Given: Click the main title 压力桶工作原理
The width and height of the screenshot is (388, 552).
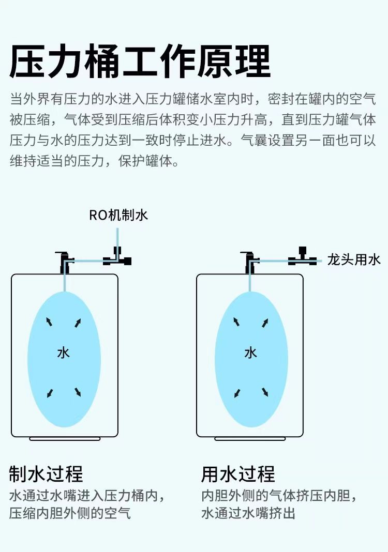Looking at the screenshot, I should (140, 62).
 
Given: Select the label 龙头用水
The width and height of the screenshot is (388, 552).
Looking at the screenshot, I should (354, 259).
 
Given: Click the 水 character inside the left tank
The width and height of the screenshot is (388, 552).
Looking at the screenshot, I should (63, 353).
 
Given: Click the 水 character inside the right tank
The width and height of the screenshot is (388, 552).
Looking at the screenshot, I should (250, 353).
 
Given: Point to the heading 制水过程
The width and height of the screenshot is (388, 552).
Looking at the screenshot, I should (46, 473).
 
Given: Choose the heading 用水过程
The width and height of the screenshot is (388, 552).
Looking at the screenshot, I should (238, 473).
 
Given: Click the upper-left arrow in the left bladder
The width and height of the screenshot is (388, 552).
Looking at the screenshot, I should (49, 322).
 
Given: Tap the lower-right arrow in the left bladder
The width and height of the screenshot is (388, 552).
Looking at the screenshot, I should (78, 392).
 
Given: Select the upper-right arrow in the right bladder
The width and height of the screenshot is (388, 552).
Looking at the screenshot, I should (265, 323).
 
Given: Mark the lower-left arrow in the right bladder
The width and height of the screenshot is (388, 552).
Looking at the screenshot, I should (237, 393).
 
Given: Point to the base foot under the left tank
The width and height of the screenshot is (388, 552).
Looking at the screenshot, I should (65, 439).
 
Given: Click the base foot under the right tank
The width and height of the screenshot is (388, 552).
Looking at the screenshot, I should (250, 439).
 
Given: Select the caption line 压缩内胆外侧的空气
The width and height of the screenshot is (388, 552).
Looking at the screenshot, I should (70, 513).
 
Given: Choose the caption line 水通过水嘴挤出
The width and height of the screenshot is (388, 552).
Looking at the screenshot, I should (248, 513).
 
